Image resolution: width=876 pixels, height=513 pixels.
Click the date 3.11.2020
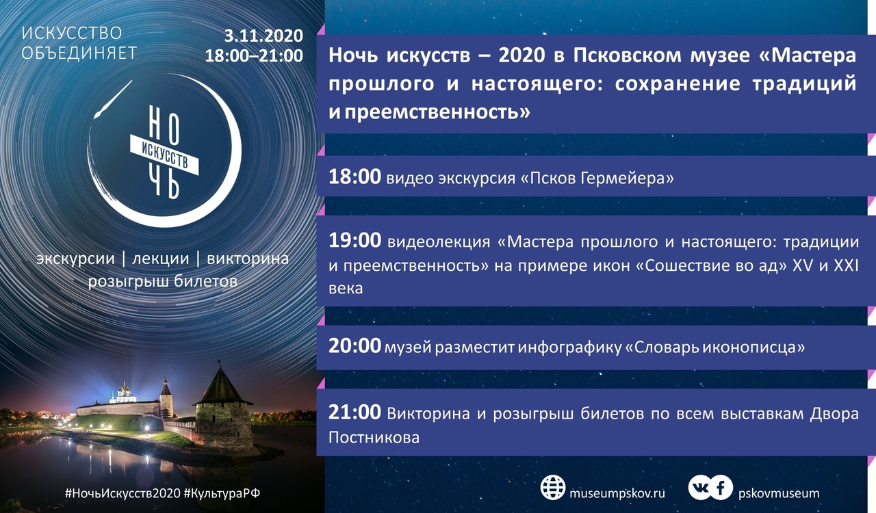click(263, 36)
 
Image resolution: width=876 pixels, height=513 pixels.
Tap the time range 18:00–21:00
click(254, 55)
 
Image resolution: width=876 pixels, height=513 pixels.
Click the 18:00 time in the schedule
click(355, 176)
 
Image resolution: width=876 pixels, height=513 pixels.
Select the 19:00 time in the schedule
click(355, 240)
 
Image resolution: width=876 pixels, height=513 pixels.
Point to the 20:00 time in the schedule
click(355, 345)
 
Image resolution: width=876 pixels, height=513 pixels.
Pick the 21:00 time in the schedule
click(355, 412)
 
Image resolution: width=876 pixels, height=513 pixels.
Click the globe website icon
click(553, 488)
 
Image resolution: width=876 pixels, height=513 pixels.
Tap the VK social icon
click(701, 488)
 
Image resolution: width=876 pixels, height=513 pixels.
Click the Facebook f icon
click(721, 488)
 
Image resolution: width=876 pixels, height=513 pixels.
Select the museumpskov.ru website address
click(617, 493)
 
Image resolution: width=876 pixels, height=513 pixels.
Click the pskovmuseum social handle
click(779, 493)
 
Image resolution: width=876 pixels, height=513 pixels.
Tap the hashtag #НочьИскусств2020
click(123, 493)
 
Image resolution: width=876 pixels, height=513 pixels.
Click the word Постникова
click(374, 438)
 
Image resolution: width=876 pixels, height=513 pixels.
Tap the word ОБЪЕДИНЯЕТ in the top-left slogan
click(79, 53)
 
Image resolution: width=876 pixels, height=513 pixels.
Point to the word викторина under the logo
click(248, 259)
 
